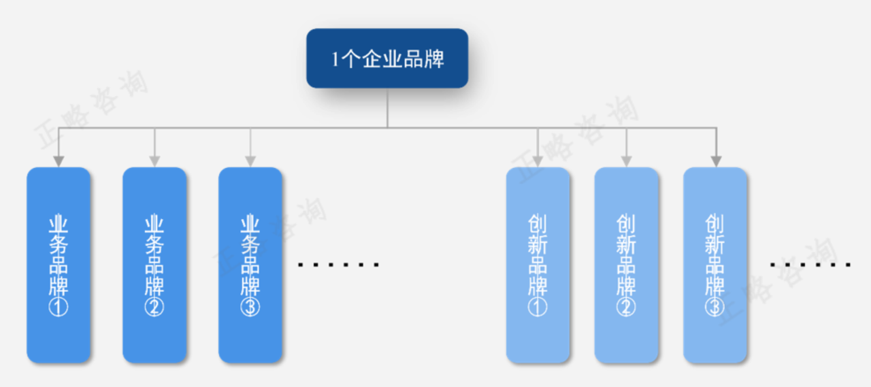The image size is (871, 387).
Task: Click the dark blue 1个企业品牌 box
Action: point(387,58)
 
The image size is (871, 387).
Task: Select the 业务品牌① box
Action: point(59,265)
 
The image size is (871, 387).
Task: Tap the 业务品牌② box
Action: point(154,265)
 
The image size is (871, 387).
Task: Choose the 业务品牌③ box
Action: point(250,265)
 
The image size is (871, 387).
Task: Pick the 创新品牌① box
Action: point(538,265)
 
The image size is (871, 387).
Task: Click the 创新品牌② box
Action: point(627,265)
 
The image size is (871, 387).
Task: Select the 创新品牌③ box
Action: point(715,265)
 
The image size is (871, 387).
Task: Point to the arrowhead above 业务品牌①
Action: point(59,162)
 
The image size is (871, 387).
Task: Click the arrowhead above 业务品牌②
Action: point(154,162)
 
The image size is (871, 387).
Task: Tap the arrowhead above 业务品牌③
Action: point(250,162)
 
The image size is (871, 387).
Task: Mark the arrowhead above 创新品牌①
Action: point(538,162)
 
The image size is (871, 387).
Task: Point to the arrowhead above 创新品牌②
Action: point(627,162)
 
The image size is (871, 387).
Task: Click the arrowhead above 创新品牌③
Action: point(717,162)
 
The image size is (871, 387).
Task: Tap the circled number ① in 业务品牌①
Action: point(59,307)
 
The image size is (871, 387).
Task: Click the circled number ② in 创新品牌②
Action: point(626,307)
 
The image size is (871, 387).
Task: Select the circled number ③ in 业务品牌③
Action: point(250,307)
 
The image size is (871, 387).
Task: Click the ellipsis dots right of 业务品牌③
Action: point(338,265)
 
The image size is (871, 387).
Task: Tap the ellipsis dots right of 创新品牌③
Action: point(810,265)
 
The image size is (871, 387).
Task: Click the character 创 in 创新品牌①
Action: point(538,223)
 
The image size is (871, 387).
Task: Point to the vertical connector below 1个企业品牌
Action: point(387,108)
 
